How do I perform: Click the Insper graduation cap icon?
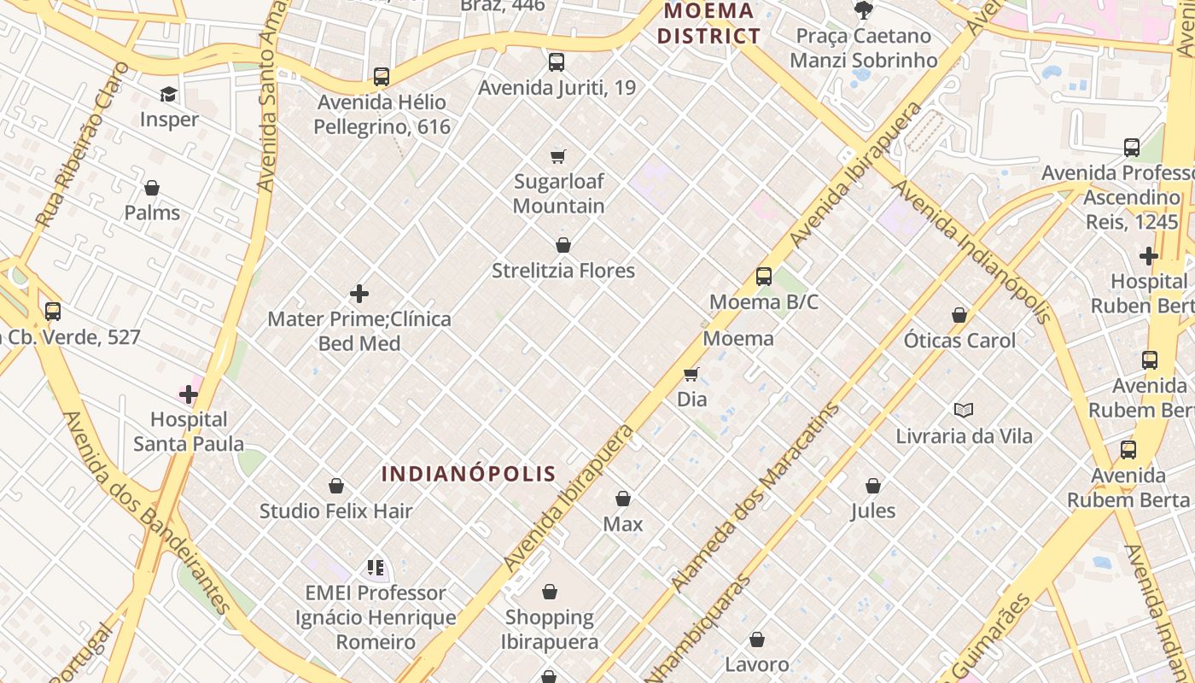click(x=168, y=94)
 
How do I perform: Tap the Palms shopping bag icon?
click(x=152, y=188)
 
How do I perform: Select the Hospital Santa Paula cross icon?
click(x=189, y=394)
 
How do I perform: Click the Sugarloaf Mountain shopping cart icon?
click(x=558, y=156)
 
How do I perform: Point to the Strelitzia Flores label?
click(x=563, y=271)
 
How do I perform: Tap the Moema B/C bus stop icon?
click(x=764, y=277)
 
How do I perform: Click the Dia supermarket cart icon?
click(x=691, y=374)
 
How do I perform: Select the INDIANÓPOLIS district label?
click(x=469, y=474)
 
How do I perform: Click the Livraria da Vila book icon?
click(x=964, y=411)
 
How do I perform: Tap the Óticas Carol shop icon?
click(x=959, y=315)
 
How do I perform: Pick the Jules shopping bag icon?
click(x=873, y=486)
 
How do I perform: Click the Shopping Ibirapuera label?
click(x=550, y=629)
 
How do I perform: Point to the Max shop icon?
click(x=623, y=499)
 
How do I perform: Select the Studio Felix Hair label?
click(x=336, y=511)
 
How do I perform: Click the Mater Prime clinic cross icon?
click(x=359, y=295)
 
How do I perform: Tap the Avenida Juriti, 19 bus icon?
click(x=557, y=62)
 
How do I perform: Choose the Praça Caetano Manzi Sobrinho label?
click(x=863, y=48)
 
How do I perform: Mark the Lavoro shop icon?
click(x=757, y=639)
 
